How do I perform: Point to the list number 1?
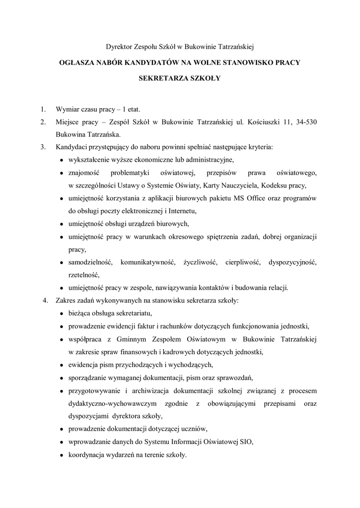point(43,109)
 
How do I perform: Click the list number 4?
point(46,301)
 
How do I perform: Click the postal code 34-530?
point(304,122)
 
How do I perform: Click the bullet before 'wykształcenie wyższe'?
point(61,160)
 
